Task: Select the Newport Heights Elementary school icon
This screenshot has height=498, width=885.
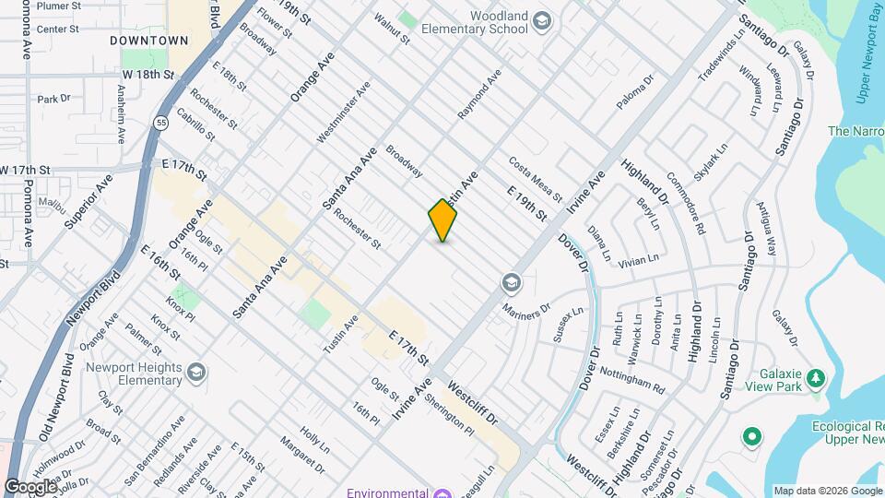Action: tap(195, 371)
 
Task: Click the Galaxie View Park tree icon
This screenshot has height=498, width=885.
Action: tap(814, 378)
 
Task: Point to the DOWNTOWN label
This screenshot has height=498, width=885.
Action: tap(148, 41)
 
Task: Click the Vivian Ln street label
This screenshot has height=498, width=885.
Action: tap(641, 261)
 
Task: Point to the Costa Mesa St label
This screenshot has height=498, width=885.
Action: tap(535, 179)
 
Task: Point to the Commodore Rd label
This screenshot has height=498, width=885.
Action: tap(686, 202)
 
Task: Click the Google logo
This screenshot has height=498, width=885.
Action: tap(29, 486)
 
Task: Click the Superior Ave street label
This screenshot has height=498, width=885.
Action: tap(89, 201)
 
